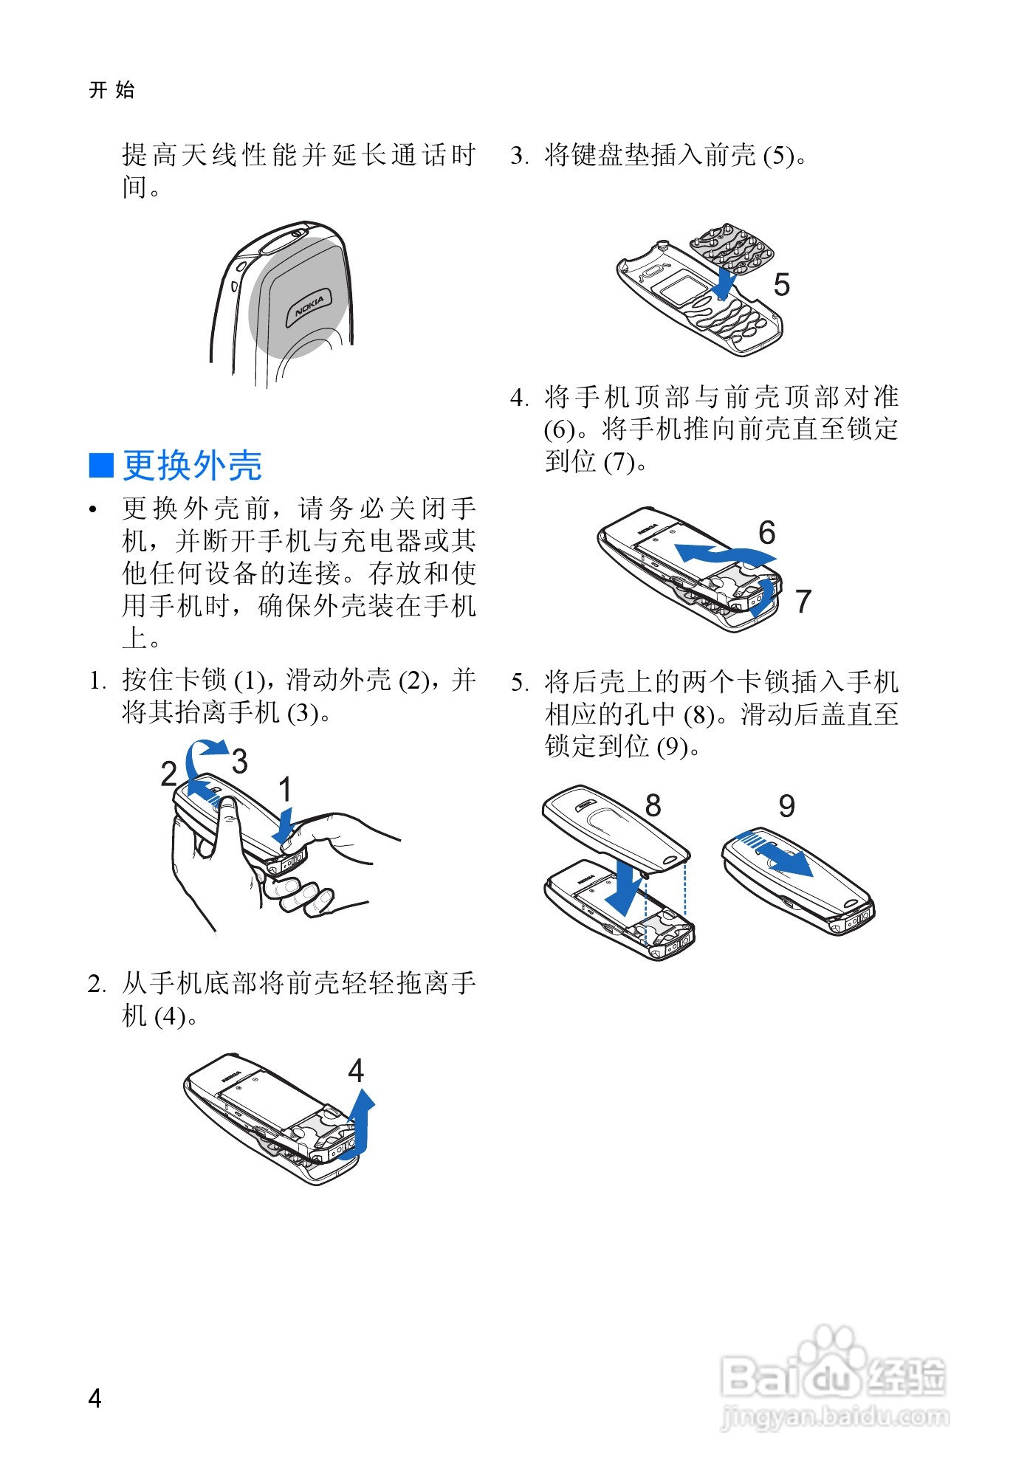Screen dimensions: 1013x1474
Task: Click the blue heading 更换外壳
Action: (x=192, y=465)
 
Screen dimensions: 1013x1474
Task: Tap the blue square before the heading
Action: (x=101, y=465)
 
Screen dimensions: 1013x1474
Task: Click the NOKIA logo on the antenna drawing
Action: (x=309, y=306)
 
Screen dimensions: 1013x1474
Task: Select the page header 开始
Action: (x=111, y=90)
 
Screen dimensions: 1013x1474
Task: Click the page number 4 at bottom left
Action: (x=95, y=1397)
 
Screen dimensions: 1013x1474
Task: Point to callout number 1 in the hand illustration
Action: (x=285, y=789)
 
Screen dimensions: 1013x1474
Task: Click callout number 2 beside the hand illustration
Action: (x=169, y=773)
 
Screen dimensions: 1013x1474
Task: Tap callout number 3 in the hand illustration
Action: (x=239, y=761)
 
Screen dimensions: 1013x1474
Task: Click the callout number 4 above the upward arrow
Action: (x=356, y=1070)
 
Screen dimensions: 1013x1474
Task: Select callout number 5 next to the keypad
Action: (x=781, y=285)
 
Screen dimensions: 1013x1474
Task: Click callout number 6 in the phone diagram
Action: (x=767, y=532)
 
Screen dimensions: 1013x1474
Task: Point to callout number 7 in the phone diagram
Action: (x=803, y=601)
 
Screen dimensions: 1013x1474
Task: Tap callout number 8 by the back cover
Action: (x=653, y=805)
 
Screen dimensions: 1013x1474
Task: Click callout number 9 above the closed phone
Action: (x=787, y=806)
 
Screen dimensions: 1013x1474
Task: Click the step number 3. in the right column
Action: (x=520, y=156)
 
